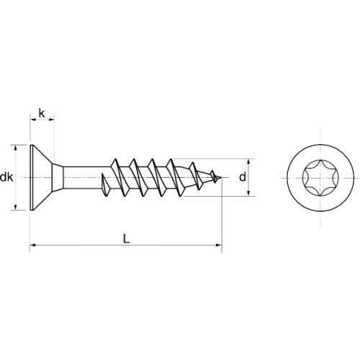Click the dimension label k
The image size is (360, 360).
[x=42, y=113]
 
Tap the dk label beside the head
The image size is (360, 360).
[x=6, y=177]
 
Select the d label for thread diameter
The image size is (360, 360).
[x=243, y=176]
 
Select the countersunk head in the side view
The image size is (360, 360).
[x=43, y=176]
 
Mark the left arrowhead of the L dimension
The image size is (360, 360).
[x=33, y=247]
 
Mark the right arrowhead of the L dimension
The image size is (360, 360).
[x=217, y=247]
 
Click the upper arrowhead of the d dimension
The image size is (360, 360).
[x=250, y=161]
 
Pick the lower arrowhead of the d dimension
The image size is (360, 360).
[x=250, y=192]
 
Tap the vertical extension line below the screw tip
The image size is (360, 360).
[x=221, y=216]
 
